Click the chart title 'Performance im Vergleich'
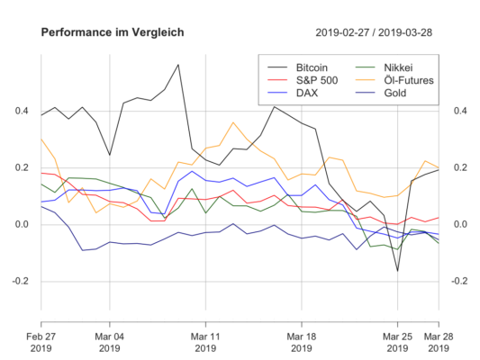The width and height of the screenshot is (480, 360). (113, 32)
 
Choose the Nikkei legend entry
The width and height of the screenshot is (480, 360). (396, 67)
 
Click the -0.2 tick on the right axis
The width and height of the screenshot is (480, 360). (459, 280)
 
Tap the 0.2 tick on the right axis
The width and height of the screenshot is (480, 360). (457, 167)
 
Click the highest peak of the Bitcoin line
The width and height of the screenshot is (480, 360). (178, 65)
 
